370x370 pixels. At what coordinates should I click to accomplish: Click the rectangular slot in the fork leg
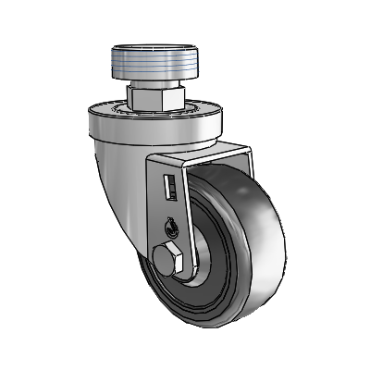[168, 188]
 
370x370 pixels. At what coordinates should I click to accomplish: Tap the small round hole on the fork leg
[173, 222]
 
